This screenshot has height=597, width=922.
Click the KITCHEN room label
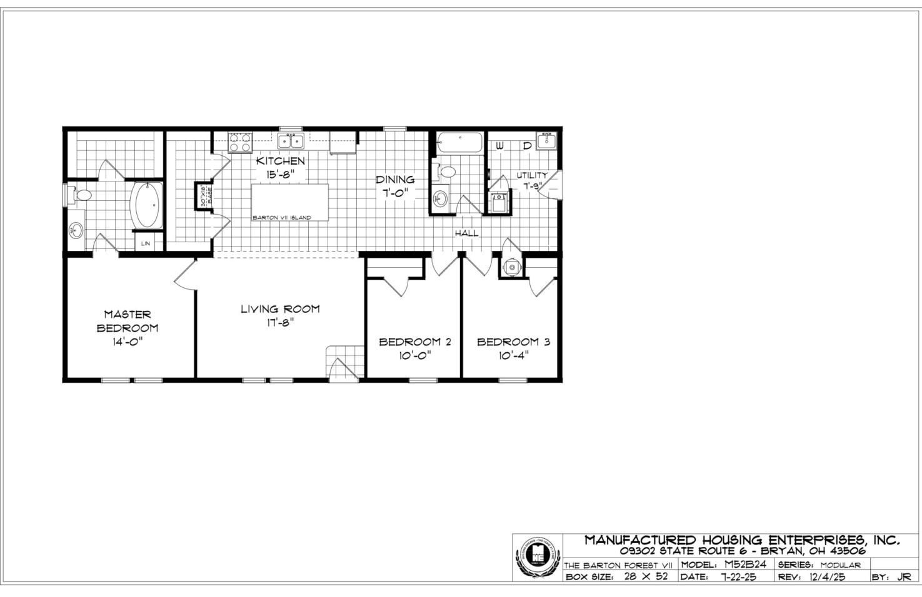tap(281, 161)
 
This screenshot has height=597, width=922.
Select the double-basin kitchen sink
tap(291, 141)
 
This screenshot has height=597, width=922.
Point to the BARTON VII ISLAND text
tap(281, 218)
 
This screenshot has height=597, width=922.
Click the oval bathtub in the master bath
tap(146, 205)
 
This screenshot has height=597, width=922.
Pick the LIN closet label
tap(146, 243)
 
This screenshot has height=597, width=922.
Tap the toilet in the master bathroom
tap(79, 195)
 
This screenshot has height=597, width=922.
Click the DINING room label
tap(394, 180)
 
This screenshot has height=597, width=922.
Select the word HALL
tap(466, 233)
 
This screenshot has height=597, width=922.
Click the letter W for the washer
tap(500, 146)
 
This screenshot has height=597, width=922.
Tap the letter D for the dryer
tap(527, 146)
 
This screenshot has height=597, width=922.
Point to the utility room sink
tap(546, 141)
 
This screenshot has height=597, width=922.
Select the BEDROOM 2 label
tap(414, 342)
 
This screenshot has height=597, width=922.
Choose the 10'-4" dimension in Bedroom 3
tap(513, 355)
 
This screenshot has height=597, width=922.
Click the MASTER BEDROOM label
tap(127, 321)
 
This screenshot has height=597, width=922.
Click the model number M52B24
tap(741, 564)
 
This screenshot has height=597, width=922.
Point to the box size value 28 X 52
tap(646, 576)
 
